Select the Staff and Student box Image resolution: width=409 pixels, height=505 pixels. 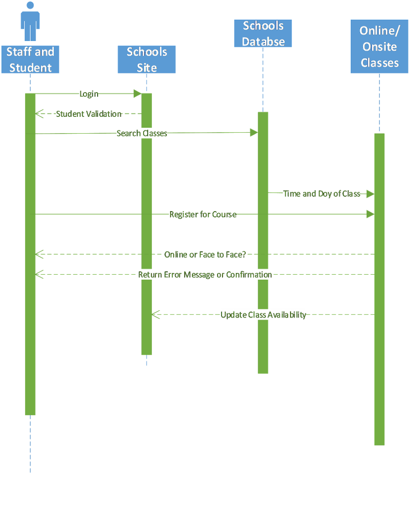pyautogui.click(x=30, y=60)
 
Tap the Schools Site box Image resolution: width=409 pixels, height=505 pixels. pyautogui.click(x=147, y=60)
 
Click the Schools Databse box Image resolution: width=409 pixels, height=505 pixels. pyautogui.click(x=263, y=34)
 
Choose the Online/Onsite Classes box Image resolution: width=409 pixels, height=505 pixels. pyautogui.click(x=379, y=46)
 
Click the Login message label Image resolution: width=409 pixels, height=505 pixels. pyautogui.click(x=89, y=94)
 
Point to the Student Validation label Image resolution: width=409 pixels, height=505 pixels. pyautogui.click(x=88, y=114)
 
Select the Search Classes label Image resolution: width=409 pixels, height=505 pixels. pyautogui.click(x=142, y=133)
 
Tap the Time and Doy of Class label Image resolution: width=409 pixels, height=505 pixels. pyautogui.click(x=321, y=194)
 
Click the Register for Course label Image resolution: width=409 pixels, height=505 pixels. pyautogui.click(x=202, y=215)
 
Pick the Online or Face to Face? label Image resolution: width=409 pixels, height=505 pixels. pyautogui.click(x=205, y=255)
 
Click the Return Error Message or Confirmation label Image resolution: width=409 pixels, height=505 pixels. pyautogui.click(x=205, y=275)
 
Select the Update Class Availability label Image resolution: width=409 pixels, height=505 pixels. pyautogui.click(x=263, y=315)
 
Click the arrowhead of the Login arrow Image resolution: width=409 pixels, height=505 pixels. pyautogui.click(x=137, y=94)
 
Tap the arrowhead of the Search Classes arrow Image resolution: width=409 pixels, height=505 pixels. pyautogui.click(x=254, y=132)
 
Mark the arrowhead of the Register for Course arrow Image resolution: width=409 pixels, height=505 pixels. pyautogui.click(x=370, y=214)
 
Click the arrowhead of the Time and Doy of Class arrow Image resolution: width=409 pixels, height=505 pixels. pyautogui.click(x=370, y=194)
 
